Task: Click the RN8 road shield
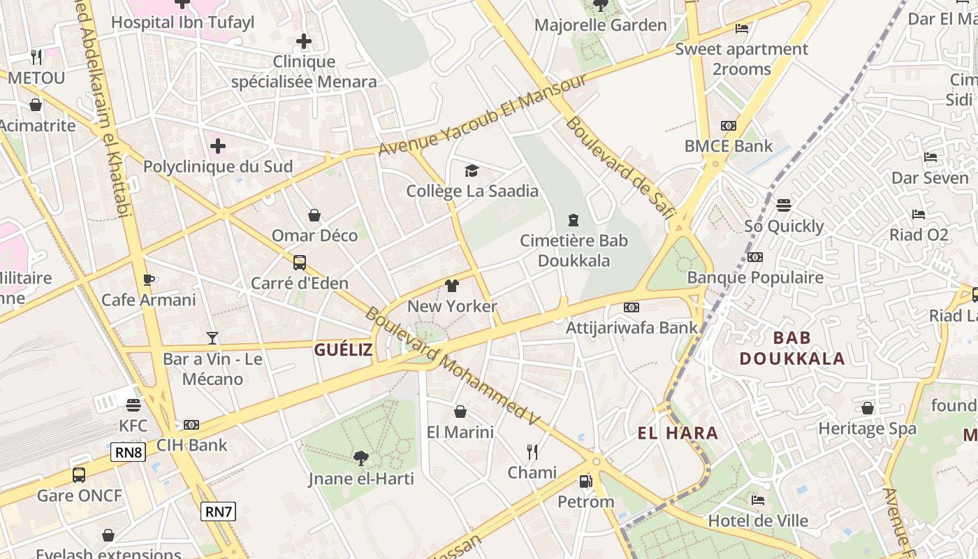(x=128, y=452)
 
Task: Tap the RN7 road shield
(x=219, y=511)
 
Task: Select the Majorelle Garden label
(x=600, y=25)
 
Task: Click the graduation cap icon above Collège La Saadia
(x=472, y=170)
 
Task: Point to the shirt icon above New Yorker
(x=452, y=286)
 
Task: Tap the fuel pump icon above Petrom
(x=585, y=481)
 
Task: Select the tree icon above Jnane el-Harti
(x=361, y=458)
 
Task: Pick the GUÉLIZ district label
(x=343, y=350)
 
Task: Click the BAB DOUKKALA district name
(x=791, y=348)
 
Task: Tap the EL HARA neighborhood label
(x=678, y=433)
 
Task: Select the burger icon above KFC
(x=133, y=405)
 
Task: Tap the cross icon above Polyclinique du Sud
(x=218, y=146)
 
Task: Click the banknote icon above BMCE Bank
(x=729, y=126)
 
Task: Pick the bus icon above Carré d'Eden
(x=300, y=263)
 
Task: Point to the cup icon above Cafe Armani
(x=148, y=279)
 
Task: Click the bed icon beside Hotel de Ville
(x=758, y=500)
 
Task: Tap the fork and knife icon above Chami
(x=532, y=452)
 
